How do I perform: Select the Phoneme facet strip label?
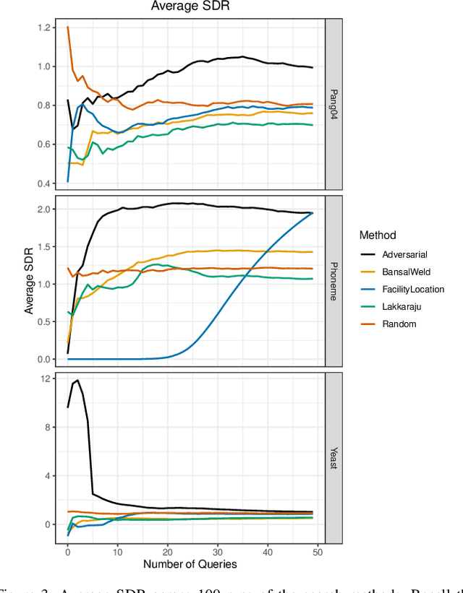click(x=334, y=282)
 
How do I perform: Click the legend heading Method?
click(x=377, y=235)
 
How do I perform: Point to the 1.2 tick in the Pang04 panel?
click(x=46, y=27)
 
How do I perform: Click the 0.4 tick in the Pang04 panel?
click(x=46, y=183)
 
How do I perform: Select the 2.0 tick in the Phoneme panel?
click(x=46, y=209)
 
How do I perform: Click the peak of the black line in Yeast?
click(x=77, y=380)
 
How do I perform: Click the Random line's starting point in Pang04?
click(x=68, y=27)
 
